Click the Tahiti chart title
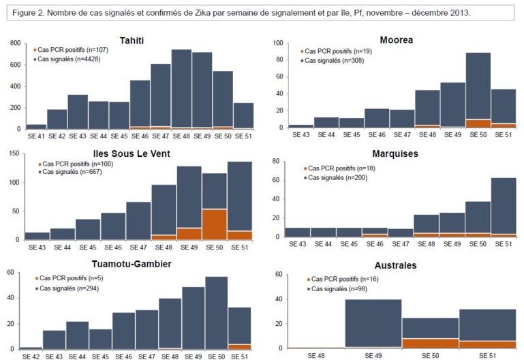click(136, 40)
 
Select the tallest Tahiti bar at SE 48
click(181, 89)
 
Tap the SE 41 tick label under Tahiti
click(36, 136)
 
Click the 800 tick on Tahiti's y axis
click(14, 44)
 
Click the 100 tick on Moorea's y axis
click(277, 43)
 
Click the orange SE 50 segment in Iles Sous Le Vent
click(215, 224)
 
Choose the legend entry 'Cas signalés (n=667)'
click(70, 172)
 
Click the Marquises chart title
click(396, 153)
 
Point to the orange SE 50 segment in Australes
click(430, 344)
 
